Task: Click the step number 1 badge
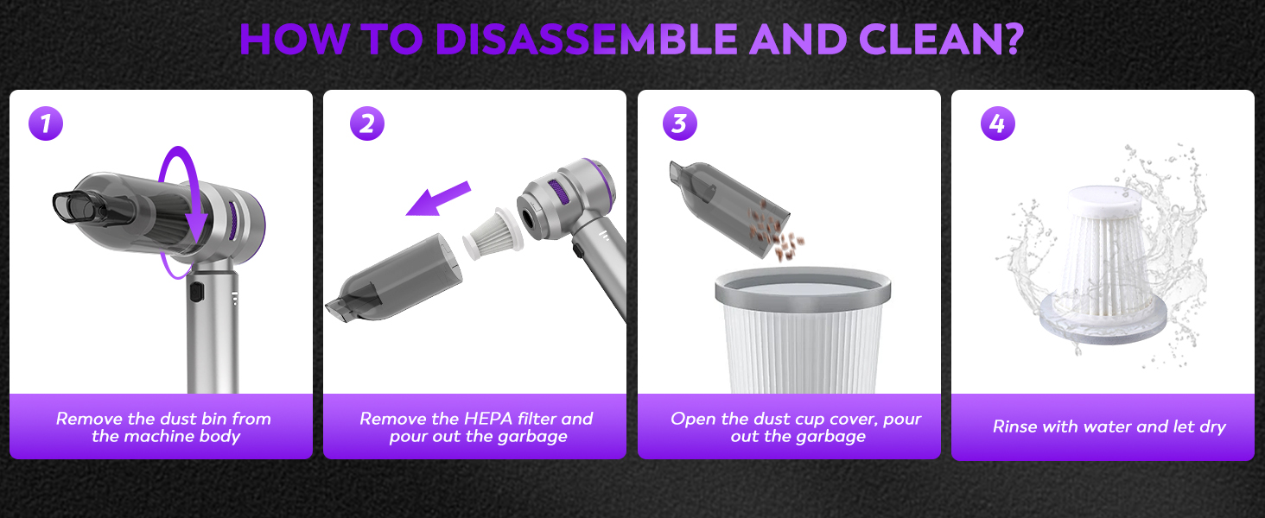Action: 46,123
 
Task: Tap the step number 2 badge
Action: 367,123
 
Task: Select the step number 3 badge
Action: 680,123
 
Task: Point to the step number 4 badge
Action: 998,123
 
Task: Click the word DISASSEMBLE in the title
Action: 586,40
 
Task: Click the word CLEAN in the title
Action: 931,40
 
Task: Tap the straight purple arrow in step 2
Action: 438,199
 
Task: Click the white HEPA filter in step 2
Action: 493,233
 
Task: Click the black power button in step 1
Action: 196,292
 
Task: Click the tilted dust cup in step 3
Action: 728,208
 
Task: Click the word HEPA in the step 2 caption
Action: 488,419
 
